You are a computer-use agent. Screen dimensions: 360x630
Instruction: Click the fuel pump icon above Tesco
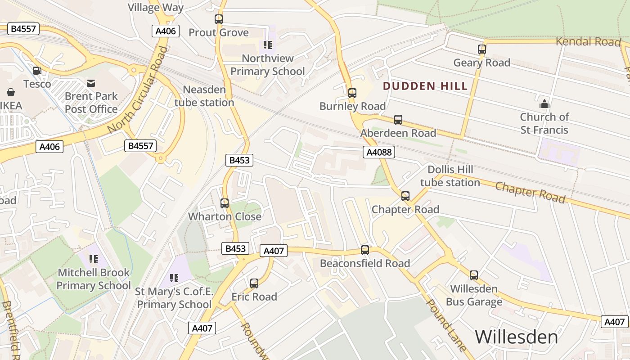point(37,71)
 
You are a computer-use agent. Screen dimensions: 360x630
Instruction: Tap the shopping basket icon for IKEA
point(11,92)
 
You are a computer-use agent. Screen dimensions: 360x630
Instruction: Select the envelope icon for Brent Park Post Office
point(91,83)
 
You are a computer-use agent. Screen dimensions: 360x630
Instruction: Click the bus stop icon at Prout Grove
point(219,19)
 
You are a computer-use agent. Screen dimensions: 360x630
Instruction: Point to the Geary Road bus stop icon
point(482,49)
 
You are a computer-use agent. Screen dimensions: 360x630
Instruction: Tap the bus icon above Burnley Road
point(352,93)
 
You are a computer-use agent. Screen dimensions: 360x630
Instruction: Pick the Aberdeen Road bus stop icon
point(398,120)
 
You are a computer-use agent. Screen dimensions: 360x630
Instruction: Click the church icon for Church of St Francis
point(544,104)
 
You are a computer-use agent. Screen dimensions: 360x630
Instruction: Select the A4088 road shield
point(379,152)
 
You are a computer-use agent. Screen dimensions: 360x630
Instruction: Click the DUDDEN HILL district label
point(425,86)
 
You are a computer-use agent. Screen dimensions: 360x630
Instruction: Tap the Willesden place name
point(516,337)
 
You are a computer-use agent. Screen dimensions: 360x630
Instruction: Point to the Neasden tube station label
point(204,96)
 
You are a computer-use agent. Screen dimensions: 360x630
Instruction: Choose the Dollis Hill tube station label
point(450,176)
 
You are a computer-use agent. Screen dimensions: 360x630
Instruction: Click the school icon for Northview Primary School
point(268,45)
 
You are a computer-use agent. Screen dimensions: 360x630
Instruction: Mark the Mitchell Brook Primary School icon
point(94,259)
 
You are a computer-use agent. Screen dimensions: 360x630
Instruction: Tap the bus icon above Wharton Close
point(225,203)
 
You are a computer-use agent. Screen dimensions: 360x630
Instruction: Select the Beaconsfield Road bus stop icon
point(365,250)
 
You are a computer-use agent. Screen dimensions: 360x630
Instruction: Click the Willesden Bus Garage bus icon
point(474,275)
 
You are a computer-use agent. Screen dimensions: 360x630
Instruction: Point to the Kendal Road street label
point(588,42)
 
